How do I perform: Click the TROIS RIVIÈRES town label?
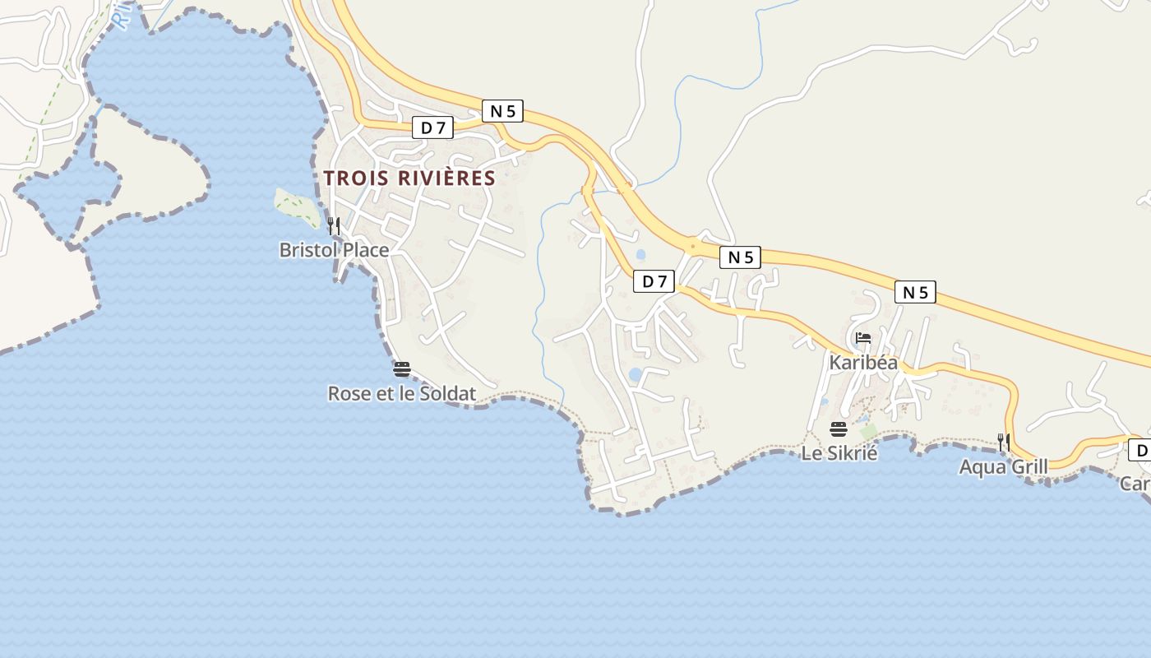pos(409,178)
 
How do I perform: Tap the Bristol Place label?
pos(334,249)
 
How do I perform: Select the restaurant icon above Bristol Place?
pos(334,225)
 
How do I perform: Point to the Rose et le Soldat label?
pos(401,394)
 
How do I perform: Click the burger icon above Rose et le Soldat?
pos(401,368)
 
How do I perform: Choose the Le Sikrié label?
pos(839,452)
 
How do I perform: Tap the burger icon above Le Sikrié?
pos(839,429)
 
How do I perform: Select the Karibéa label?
pos(863,362)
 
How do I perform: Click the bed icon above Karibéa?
pos(863,337)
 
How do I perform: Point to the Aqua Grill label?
pos(1003,467)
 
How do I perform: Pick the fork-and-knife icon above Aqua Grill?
pos(1004,442)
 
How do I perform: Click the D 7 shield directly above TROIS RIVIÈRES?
pos(432,127)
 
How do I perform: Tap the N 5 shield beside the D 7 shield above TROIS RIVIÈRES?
pos(502,111)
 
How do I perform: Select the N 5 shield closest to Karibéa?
pos(915,292)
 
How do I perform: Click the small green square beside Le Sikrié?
pos(868,431)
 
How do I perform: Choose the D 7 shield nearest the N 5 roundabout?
pos(654,281)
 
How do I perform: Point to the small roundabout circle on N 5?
pos(694,245)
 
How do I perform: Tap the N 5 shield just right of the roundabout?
pos(740,257)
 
